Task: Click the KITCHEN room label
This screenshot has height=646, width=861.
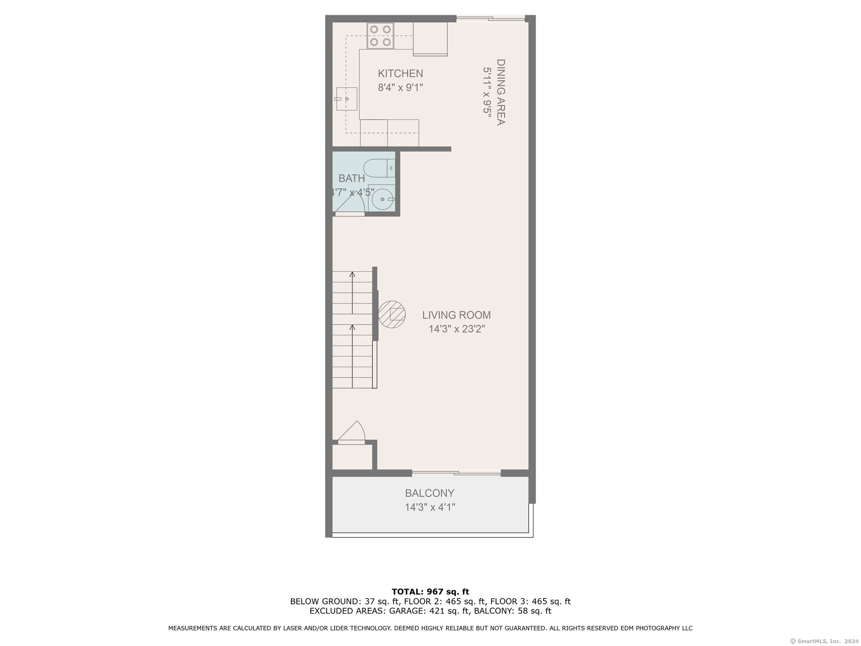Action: [400, 74]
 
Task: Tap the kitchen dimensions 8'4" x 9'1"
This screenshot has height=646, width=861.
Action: [400, 87]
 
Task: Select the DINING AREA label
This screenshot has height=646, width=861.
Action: [501, 92]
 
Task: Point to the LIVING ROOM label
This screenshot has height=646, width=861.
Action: [456, 315]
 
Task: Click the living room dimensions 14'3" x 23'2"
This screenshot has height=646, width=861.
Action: [457, 329]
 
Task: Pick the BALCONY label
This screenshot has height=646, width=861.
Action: [430, 493]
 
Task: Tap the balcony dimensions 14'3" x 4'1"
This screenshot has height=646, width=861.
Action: [430, 507]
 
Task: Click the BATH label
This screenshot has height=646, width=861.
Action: [351, 178]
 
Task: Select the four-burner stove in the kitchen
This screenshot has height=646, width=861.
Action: [380, 36]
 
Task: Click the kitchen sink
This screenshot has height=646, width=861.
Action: [346, 99]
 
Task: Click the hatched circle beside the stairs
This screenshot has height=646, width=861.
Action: [392, 314]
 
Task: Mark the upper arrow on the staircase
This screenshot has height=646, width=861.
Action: [352, 293]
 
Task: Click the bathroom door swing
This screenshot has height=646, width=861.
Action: [350, 204]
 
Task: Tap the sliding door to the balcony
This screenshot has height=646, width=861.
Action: [456, 474]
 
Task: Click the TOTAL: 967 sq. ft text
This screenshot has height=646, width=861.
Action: [430, 592]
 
